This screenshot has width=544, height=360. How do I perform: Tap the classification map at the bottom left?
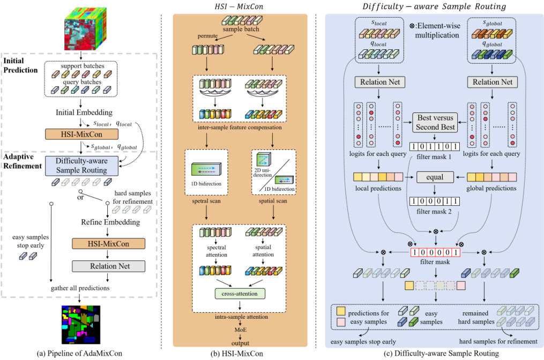[x=80, y=324]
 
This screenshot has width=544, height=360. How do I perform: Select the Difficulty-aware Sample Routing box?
[x=81, y=166]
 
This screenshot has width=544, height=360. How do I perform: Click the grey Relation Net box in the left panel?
[x=109, y=266]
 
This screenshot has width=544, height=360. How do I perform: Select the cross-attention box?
[x=240, y=294]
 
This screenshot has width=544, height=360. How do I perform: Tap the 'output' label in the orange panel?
[x=240, y=343]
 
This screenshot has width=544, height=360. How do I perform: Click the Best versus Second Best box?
[x=435, y=123]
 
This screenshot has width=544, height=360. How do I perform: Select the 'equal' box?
[x=435, y=176]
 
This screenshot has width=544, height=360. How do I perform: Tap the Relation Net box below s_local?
[x=378, y=82]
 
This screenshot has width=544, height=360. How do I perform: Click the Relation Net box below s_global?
[x=493, y=82]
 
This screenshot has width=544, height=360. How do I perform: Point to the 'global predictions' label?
[x=492, y=188]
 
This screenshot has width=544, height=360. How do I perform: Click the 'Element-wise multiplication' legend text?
[x=437, y=30]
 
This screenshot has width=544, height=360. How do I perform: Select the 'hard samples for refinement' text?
[x=498, y=342]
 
